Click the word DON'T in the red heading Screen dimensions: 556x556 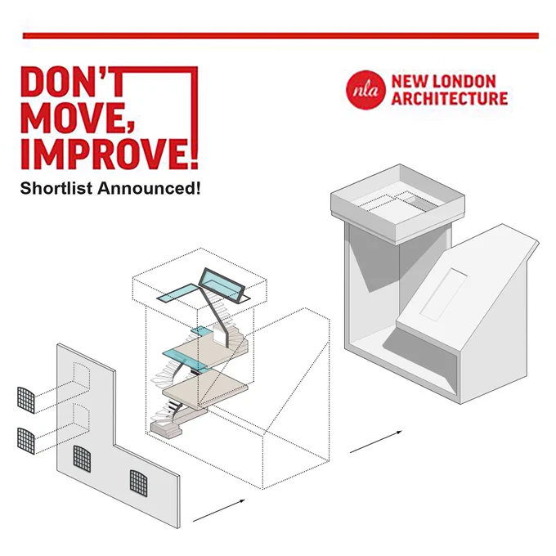pos(74,83)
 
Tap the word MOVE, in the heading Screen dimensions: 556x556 pos(78,118)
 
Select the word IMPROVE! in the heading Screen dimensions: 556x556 pos(110,153)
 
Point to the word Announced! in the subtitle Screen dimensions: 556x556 pos(149,188)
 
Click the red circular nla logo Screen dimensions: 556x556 pos(365,90)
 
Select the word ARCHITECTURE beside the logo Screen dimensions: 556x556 pos(449,98)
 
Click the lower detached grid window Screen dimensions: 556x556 pos(26,441)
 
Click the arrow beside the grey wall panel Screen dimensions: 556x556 pos(219,510)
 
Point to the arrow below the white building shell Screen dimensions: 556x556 pos(376,442)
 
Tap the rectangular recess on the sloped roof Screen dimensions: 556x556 pos(444,294)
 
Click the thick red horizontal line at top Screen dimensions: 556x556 pos(280,36)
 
